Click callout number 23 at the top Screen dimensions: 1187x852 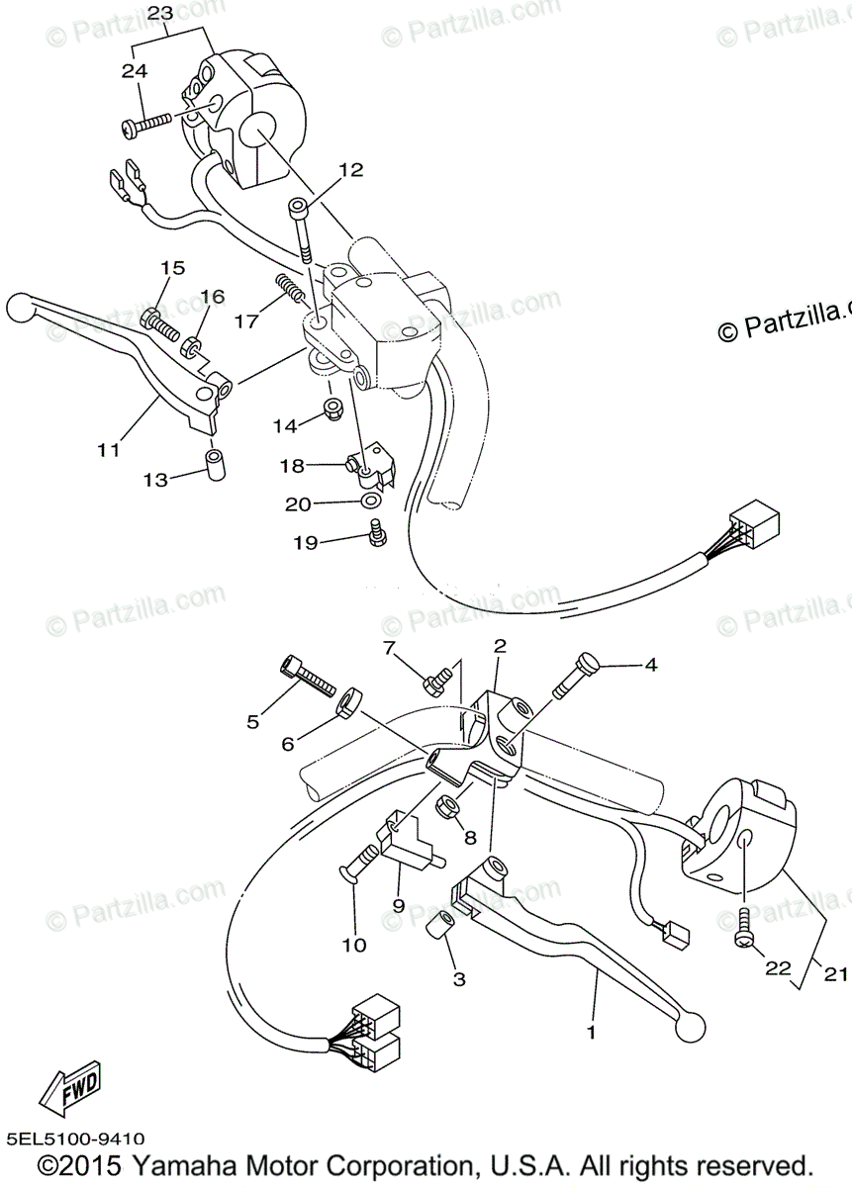pyautogui.click(x=160, y=14)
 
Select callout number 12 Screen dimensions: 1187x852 pyautogui.click(x=349, y=170)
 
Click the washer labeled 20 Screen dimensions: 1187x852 pyautogui.click(x=372, y=503)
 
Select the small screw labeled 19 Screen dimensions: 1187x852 pyautogui.click(x=375, y=535)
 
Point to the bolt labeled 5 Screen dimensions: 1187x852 pyautogui.click(x=308, y=676)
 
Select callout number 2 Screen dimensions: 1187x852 pyautogui.click(x=500, y=647)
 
